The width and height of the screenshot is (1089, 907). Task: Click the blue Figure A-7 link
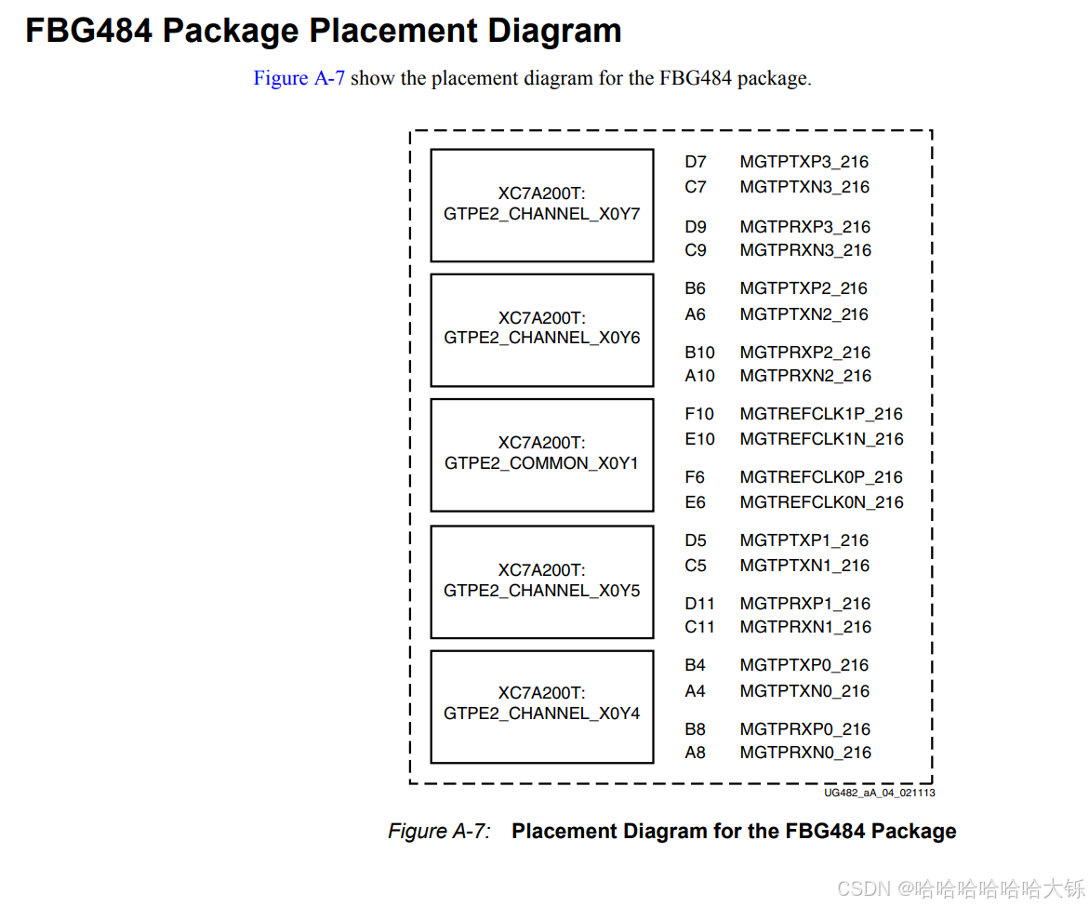tap(299, 78)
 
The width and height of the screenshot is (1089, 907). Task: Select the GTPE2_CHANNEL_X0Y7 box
tap(541, 205)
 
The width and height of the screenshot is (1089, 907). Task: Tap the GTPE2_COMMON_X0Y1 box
tap(541, 454)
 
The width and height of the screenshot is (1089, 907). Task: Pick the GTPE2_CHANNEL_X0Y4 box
tap(541, 705)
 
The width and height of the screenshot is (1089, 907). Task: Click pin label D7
tap(696, 162)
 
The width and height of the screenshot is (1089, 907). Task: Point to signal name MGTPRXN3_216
tap(805, 250)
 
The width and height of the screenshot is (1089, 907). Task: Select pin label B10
tap(699, 353)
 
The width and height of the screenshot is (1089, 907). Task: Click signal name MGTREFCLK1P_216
tap(821, 414)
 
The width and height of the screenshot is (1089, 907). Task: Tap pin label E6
tap(695, 502)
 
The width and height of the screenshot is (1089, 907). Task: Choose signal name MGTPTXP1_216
tap(804, 540)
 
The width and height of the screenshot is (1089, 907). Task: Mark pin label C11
tap(699, 627)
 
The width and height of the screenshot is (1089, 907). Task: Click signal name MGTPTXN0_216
tap(804, 691)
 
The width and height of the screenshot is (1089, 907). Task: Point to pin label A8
tap(695, 753)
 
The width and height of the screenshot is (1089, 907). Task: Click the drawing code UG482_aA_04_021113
tap(879, 793)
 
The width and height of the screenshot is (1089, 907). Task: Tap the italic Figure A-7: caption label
tap(439, 831)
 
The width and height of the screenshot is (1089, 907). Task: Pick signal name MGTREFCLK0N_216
tap(821, 502)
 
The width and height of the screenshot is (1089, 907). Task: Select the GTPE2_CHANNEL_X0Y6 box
tap(541, 329)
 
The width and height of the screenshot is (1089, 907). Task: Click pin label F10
tap(699, 414)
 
